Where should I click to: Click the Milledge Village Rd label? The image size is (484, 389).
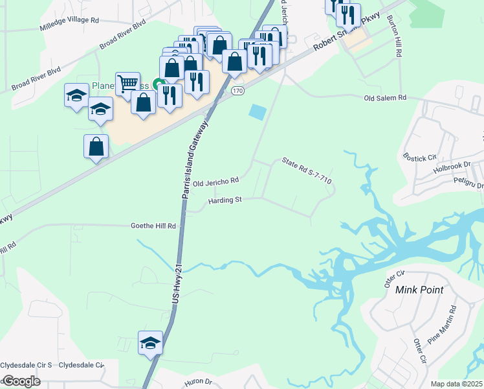[x=68, y=20]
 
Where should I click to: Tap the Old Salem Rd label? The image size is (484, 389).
[x=385, y=98]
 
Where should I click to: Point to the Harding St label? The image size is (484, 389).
[x=225, y=200]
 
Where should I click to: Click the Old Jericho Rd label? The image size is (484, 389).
[x=216, y=181]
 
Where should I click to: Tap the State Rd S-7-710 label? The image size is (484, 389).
[x=307, y=171]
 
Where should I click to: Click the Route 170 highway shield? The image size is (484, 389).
[x=237, y=91]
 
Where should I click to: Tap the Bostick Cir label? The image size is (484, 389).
[x=421, y=157]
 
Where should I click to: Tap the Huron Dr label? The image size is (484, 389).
[x=200, y=382]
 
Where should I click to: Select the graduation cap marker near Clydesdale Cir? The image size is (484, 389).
[x=150, y=342]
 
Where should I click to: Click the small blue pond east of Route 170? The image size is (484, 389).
[x=257, y=112]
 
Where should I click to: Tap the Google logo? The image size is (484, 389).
[x=21, y=381]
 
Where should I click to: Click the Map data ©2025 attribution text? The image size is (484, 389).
[x=456, y=384]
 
